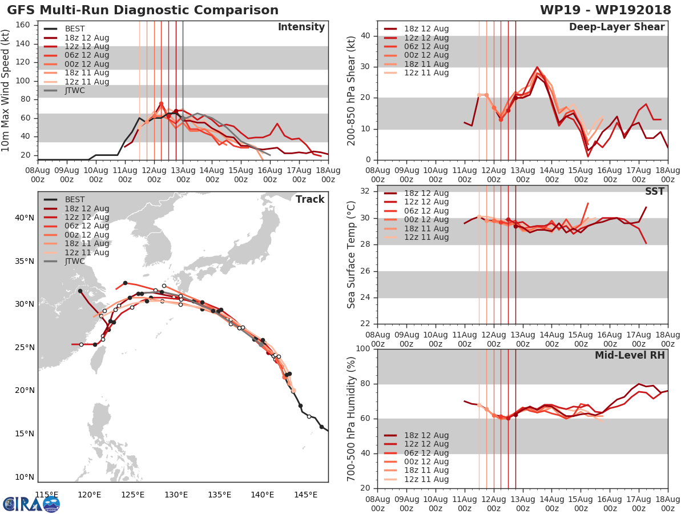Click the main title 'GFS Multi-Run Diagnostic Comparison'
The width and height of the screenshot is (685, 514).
click(143, 10)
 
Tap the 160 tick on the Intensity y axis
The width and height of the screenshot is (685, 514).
click(23, 25)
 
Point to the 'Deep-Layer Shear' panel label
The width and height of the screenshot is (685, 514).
click(616, 27)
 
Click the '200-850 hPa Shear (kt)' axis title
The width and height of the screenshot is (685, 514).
click(352, 90)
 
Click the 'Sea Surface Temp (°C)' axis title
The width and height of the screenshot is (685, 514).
click(352, 255)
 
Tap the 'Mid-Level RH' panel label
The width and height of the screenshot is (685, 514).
click(630, 355)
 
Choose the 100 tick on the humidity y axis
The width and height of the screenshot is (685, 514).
click(362, 349)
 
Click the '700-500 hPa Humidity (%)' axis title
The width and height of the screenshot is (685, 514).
click(352, 419)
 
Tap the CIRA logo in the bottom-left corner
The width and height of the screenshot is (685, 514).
click(31, 504)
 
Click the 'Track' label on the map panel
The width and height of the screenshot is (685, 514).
click(309, 199)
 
